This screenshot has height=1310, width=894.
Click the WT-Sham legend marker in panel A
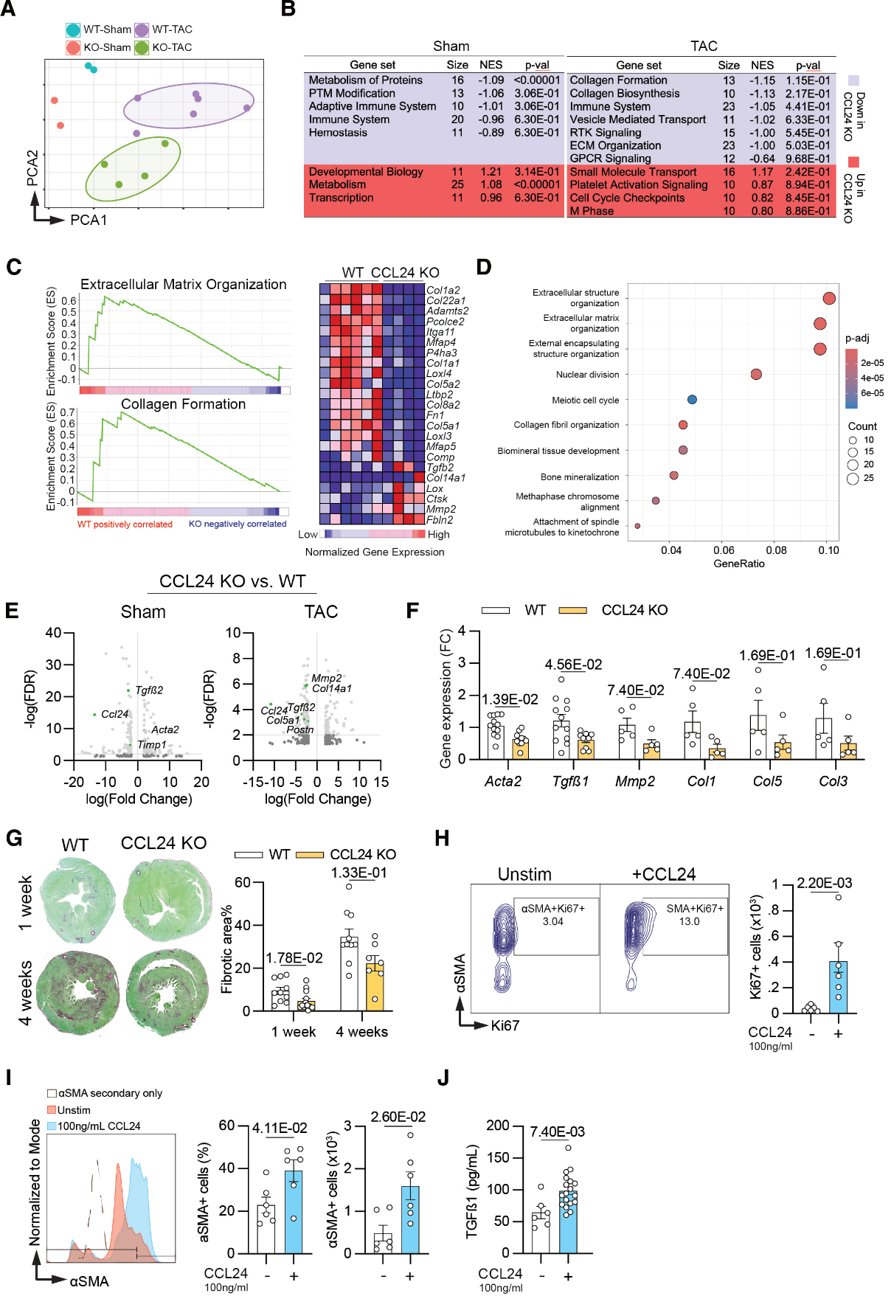[73, 30]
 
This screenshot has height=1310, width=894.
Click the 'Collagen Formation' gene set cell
[618, 80]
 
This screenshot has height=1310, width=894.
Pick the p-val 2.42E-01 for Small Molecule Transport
[808, 172]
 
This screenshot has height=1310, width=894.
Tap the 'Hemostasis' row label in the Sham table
[338, 133]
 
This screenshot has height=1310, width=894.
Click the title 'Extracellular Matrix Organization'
[183, 284]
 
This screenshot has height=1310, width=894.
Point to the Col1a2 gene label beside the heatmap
[443, 291]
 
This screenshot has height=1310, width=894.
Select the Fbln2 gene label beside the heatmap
[440, 520]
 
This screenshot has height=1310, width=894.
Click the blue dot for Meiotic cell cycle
[692, 400]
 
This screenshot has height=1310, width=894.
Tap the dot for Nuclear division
[756, 374]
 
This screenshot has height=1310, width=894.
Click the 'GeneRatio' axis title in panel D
[738, 564]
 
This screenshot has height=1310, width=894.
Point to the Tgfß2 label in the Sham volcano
[149, 690]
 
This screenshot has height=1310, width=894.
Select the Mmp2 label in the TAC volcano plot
[326, 678]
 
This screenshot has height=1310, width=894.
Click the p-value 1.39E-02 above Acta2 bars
[510, 699]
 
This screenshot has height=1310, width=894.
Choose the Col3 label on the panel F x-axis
[833, 781]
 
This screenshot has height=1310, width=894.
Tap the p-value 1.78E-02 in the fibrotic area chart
[294, 958]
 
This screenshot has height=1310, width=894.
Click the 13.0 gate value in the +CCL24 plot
[689, 921]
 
